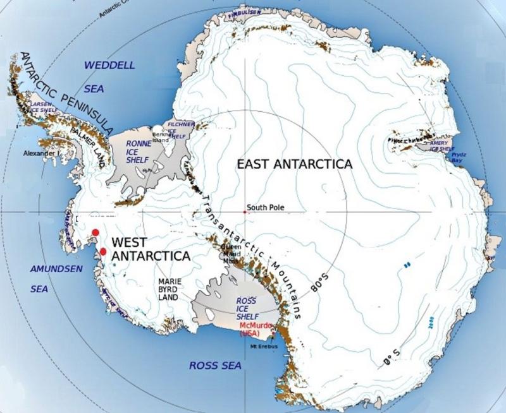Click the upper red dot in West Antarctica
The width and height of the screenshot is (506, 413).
95,232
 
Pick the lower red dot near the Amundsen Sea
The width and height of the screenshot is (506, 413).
102,251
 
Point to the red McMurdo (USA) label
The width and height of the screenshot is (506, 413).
255,329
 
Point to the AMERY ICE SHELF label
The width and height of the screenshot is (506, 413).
442,146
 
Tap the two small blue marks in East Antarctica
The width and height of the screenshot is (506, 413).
407,264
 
